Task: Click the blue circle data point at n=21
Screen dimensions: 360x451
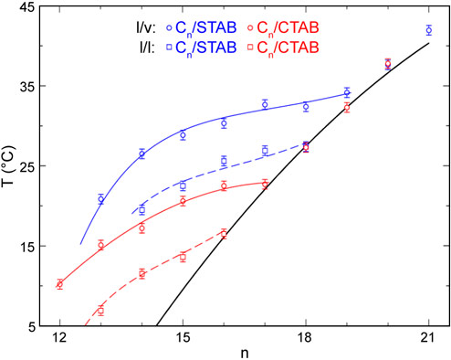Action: [x=429, y=30]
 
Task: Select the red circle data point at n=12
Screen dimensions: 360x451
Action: [x=59, y=284]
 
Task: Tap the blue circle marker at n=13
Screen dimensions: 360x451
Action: [x=100, y=199]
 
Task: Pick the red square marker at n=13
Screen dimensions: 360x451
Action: [x=100, y=311]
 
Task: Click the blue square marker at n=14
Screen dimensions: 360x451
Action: [x=142, y=210]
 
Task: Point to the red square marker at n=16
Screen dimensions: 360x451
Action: [x=224, y=234]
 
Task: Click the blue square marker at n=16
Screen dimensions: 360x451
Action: [x=224, y=161]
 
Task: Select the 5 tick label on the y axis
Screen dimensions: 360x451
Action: [x=29, y=326]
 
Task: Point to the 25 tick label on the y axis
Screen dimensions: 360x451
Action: [x=26, y=166]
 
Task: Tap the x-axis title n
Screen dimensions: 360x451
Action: [x=244, y=353]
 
